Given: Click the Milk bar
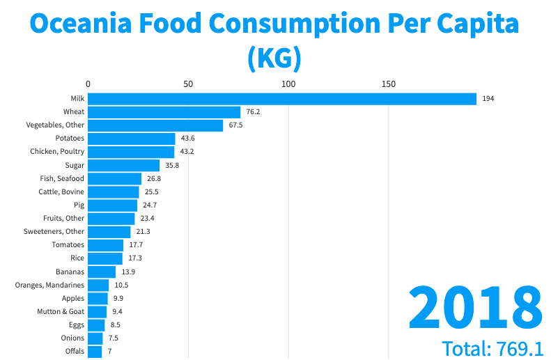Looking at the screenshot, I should click(x=282, y=99).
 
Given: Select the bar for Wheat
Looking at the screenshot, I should click(x=164, y=112).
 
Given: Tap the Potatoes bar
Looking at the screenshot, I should click(x=132, y=139).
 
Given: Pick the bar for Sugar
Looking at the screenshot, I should click(x=124, y=165).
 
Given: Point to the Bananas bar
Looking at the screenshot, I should click(x=102, y=272).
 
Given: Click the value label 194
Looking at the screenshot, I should click(x=488, y=99).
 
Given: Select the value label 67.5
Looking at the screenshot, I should click(x=236, y=125).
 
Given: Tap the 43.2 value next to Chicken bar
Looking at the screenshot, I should click(x=187, y=152).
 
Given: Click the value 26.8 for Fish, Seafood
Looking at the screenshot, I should click(x=155, y=179).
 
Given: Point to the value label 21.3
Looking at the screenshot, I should click(x=143, y=232).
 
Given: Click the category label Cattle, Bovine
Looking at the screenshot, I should click(x=61, y=191).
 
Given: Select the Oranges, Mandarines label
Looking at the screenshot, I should click(x=49, y=285).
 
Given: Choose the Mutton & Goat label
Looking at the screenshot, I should click(x=61, y=311).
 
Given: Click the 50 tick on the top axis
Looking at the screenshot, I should click(x=188, y=84).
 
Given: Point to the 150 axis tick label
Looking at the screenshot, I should click(x=389, y=84).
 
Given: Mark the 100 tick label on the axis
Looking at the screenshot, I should click(x=288, y=84).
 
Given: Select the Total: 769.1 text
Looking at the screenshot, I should click(x=492, y=348).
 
